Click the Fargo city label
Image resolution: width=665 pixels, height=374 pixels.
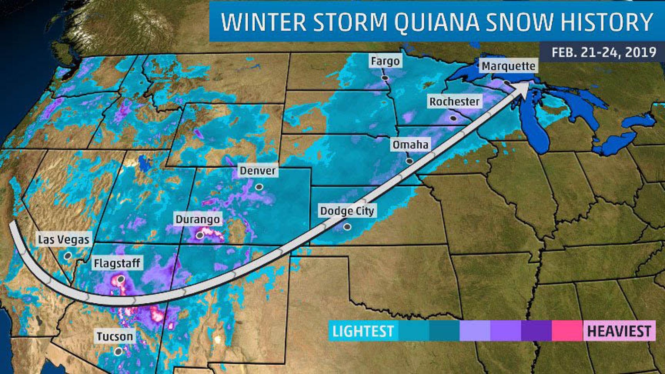385,61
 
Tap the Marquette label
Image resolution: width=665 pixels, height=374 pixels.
508,66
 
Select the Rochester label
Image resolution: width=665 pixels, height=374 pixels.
454,101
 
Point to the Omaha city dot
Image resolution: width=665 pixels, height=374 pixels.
409,161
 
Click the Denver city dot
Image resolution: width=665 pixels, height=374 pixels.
259,187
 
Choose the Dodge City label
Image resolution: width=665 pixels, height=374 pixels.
347,211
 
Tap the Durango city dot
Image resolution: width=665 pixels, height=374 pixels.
200,235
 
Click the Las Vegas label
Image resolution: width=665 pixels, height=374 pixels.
63,239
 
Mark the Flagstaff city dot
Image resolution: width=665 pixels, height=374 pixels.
121,279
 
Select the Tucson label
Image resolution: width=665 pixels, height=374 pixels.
115,336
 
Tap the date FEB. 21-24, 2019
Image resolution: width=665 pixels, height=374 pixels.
603,52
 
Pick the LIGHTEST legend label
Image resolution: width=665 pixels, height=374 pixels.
363,331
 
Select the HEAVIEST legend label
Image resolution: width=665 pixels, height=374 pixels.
619,331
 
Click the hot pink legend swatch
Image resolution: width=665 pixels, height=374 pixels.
567,331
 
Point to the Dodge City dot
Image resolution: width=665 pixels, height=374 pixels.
347,227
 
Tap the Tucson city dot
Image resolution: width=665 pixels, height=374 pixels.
118,351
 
